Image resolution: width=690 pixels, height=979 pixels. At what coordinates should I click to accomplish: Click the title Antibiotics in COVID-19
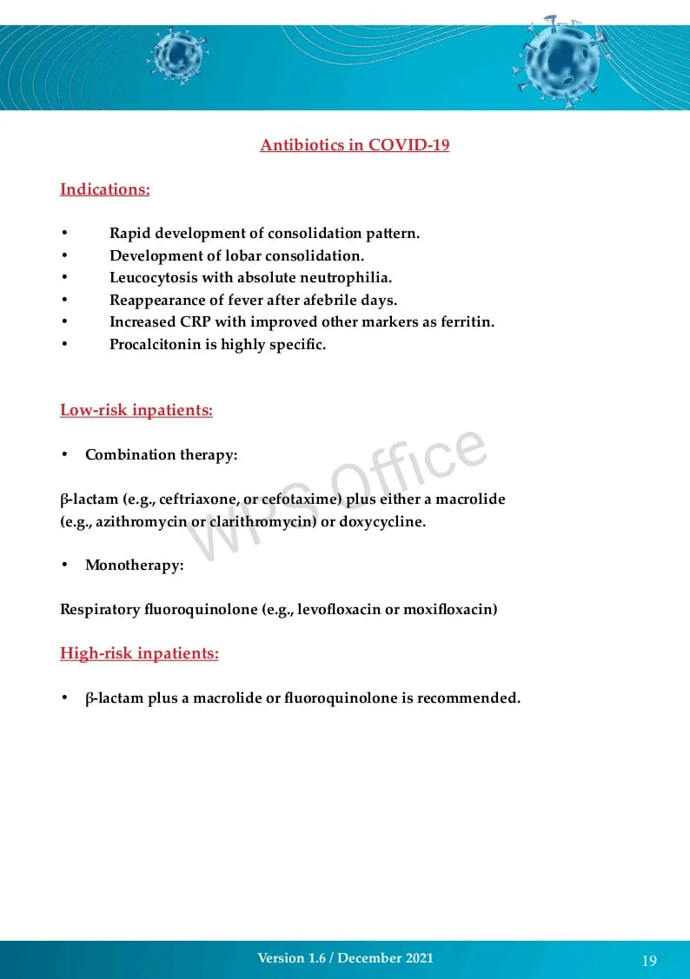pos(355,145)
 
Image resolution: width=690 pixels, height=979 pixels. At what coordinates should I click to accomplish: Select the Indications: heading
pos(104,189)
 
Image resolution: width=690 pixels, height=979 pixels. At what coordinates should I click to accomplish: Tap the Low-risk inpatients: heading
pos(136,410)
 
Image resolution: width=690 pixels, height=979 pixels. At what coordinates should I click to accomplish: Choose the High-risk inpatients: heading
pos(139,653)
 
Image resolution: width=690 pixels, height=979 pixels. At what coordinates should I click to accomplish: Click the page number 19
pos(649,960)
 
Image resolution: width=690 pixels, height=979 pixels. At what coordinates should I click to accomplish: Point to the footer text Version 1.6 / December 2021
pos(345,958)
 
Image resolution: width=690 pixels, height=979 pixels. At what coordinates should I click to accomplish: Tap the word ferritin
pos(467,322)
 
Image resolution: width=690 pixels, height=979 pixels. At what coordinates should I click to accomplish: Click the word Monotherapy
pos(133,566)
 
